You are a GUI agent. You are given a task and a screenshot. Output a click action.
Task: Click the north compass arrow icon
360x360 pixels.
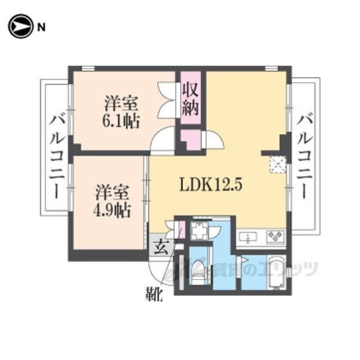coord(20,26)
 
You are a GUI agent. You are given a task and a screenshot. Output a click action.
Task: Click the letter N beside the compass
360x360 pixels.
coord(41,28)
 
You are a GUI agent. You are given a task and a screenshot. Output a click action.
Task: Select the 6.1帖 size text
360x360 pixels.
coord(121,121)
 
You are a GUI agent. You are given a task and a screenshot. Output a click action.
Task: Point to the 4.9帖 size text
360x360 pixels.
coord(112,210)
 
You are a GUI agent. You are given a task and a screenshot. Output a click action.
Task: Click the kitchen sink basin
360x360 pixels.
coord(248,237)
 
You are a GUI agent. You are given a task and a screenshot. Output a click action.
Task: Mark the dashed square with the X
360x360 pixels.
coord(277,164)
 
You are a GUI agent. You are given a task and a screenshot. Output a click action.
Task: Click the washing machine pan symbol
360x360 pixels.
coord(199,230)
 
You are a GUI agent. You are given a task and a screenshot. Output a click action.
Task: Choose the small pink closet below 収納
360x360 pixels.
coord(191,139)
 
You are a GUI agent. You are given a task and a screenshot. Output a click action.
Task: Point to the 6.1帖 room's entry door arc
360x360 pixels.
coord(162,139)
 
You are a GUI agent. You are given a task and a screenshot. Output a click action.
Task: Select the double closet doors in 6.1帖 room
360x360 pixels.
coord(166,100)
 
